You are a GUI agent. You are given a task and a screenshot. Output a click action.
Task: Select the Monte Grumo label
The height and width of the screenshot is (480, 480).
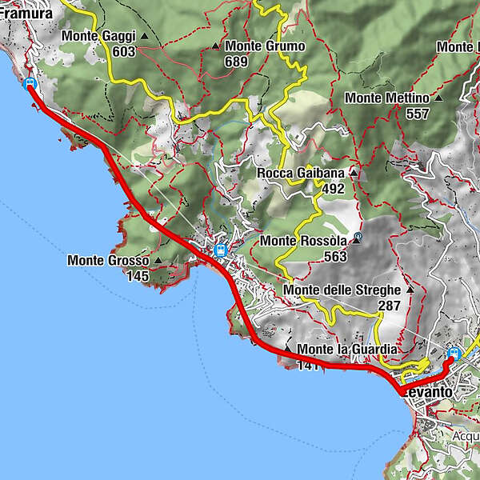pyautogui.click(x=264, y=46)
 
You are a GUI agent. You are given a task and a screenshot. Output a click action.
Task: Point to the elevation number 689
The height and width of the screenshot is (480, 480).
pyautogui.click(x=236, y=61)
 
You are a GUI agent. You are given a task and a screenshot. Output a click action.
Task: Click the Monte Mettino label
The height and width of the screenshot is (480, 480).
pyautogui.click(x=388, y=98)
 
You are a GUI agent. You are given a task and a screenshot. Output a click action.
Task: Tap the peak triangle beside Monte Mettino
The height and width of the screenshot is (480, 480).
pyautogui.click(x=438, y=98)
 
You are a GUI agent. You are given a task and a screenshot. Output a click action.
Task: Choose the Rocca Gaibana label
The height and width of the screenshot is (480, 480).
pyautogui.click(x=301, y=173)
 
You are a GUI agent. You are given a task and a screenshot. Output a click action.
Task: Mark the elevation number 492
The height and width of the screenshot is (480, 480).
pyautogui.click(x=334, y=188)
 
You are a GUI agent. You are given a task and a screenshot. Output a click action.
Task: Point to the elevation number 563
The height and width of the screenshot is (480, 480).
pyautogui.click(x=335, y=256)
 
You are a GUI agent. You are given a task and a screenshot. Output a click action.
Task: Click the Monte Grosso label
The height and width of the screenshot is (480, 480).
pyautogui.click(x=108, y=260)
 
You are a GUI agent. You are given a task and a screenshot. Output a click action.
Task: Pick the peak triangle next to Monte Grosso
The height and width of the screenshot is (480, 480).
pyautogui.click(x=158, y=260)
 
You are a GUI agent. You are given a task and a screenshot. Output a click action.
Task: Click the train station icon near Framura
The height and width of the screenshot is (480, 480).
pyautogui.click(x=30, y=83)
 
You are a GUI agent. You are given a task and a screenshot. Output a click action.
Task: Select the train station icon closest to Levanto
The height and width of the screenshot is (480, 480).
pyautogui.click(x=454, y=353)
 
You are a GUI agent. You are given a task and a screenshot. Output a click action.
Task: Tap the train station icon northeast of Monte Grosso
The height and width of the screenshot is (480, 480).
pyautogui.click(x=220, y=250)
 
